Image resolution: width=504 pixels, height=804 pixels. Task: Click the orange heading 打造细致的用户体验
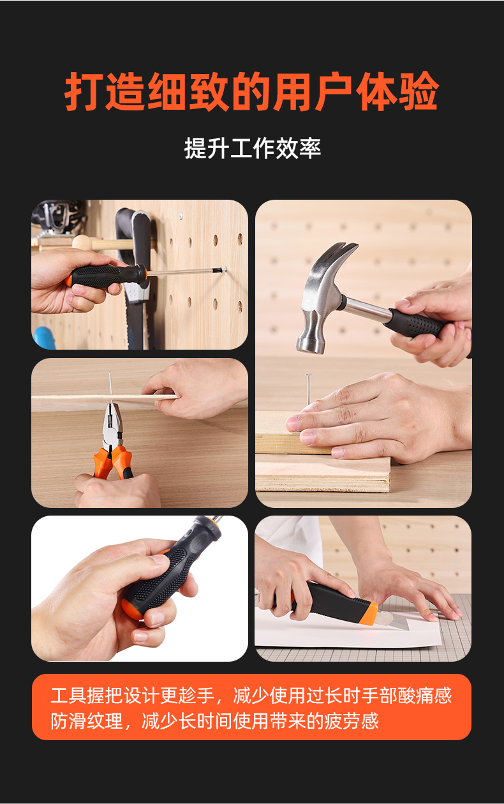pyautogui.click(x=251, y=91)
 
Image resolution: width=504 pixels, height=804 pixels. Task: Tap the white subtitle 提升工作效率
pyautogui.click(x=253, y=148)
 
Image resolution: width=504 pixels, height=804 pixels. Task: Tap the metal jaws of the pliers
pyautogui.click(x=112, y=426)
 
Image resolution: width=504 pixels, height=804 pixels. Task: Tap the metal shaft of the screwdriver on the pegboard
pyautogui.click(x=186, y=272)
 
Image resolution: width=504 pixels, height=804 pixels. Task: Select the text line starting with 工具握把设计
pyautogui.click(x=251, y=696)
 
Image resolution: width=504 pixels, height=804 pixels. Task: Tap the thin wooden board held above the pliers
pyautogui.click(x=104, y=398)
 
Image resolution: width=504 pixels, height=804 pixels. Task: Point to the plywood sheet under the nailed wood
pyautogui.click(x=323, y=473)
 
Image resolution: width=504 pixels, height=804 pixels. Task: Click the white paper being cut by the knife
pyautogui.click(x=345, y=632)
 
